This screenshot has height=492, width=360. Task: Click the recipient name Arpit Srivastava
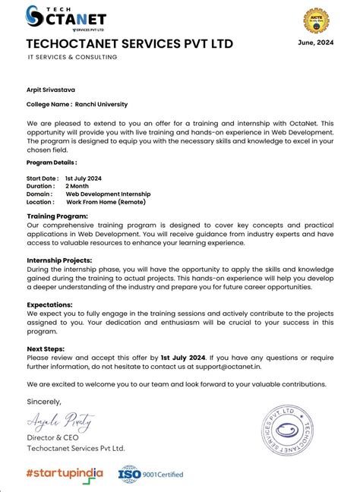pyautogui.click(x=55, y=90)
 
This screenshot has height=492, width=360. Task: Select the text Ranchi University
pyautogui.click(x=102, y=104)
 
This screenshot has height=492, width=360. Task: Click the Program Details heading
pyautogui.click(x=51, y=162)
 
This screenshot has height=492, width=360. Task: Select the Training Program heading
pyautogui.click(x=57, y=216)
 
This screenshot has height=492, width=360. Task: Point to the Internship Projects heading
pyautogui.click(x=61, y=260)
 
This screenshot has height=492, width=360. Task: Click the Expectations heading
pyautogui.click(x=49, y=304)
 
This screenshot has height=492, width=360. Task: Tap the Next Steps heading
pyautogui.click(x=45, y=348)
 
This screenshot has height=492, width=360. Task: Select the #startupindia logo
pyautogui.click(x=65, y=473)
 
